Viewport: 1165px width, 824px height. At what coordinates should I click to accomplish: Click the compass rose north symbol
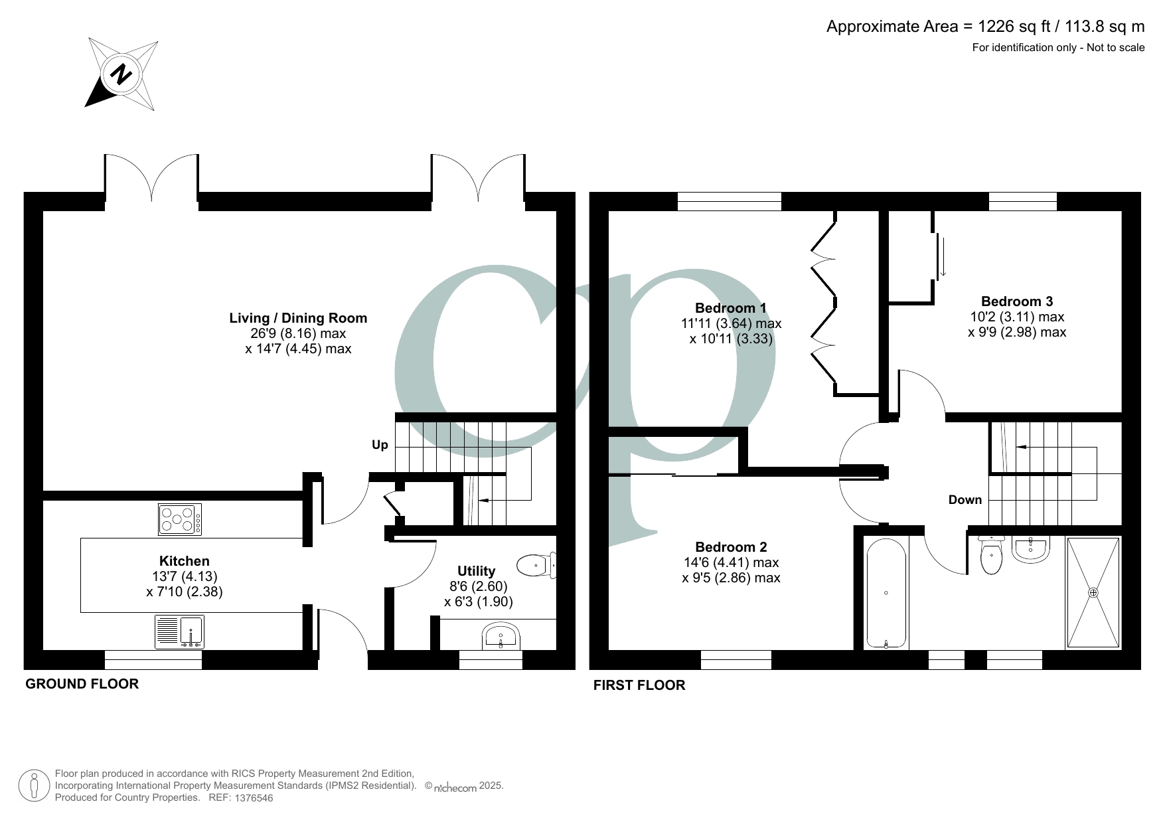click(121, 74)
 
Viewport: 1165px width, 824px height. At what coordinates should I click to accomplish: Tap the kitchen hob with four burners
click(180, 519)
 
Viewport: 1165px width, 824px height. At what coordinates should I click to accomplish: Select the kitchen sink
click(179, 631)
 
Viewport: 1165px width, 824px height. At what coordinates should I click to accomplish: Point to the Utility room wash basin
click(500, 637)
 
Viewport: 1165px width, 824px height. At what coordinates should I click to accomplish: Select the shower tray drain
click(1093, 592)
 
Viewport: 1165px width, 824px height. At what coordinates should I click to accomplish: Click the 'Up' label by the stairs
click(380, 445)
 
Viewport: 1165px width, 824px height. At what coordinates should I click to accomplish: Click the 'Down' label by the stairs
click(965, 500)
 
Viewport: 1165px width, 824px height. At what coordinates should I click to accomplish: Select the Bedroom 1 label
click(730, 308)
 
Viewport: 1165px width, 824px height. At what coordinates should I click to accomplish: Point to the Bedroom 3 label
click(1016, 301)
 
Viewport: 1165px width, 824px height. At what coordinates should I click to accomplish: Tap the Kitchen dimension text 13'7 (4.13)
click(185, 576)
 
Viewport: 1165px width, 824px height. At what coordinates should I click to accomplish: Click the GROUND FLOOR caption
click(82, 684)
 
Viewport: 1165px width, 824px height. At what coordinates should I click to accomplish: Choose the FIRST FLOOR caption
click(639, 685)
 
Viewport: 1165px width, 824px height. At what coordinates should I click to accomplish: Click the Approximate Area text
click(985, 27)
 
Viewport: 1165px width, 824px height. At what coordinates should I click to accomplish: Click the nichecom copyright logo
click(455, 787)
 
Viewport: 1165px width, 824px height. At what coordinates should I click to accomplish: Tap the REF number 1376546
click(250, 798)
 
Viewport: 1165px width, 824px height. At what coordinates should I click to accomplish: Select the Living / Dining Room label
click(298, 318)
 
